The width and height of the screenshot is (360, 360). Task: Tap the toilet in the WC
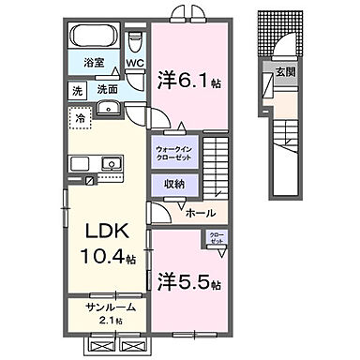[134, 42]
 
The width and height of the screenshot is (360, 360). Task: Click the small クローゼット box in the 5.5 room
[216, 239]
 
